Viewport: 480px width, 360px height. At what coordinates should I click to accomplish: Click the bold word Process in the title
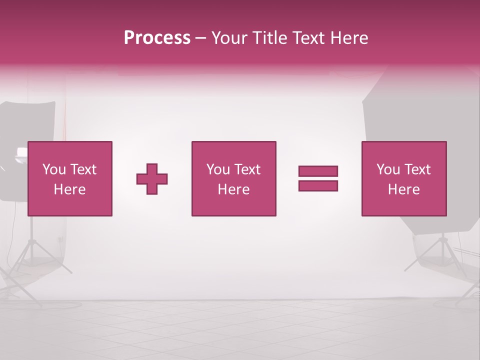pyautogui.click(x=157, y=38)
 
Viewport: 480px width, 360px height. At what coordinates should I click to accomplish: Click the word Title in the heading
pyautogui.click(x=270, y=38)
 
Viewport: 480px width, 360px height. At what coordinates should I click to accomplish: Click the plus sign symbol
pyautogui.click(x=152, y=179)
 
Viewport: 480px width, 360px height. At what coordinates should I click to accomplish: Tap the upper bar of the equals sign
pyautogui.click(x=318, y=171)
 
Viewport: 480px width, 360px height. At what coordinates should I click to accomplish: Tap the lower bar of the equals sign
pyautogui.click(x=318, y=186)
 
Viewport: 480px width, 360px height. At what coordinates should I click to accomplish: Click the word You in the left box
pyautogui.click(x=54, y=169)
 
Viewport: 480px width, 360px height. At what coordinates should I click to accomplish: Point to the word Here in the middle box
pyautogui.click(x=233, y=189)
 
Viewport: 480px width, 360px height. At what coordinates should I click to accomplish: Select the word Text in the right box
pyautogui.click(x=417, y=169)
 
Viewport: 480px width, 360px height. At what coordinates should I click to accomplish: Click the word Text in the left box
pyautogui.click(x=83, y=169)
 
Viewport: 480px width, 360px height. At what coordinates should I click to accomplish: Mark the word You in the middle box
pyautogui.click(x=218, y=169)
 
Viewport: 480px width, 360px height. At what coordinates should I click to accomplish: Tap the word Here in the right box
pyautogui.click(x=403, y=189)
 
